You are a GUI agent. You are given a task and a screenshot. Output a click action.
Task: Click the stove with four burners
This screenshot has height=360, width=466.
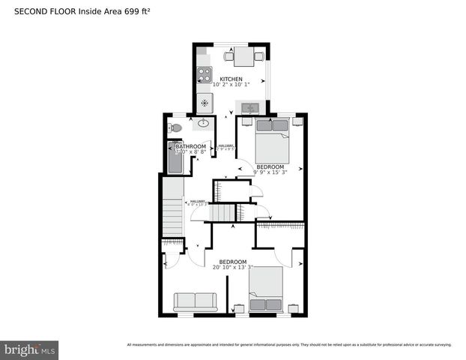[205, 74]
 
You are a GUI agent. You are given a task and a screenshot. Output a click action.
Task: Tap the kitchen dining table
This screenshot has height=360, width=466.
[243, 55]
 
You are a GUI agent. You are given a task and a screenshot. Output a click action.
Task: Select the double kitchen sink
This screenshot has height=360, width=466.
[253, 109]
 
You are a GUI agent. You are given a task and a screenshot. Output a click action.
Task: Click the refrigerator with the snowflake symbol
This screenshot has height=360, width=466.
[205, 103]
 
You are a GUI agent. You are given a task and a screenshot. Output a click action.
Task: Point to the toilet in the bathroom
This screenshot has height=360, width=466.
[175, 128]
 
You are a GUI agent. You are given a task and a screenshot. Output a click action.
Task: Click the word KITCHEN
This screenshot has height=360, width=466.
[231, 79]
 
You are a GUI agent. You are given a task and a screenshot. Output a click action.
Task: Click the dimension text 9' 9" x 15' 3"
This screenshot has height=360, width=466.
[270, 172]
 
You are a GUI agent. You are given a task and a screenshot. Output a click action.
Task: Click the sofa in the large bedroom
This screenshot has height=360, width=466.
[196, 301]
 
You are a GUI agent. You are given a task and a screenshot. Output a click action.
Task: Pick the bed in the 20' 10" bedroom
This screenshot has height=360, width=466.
[265, 290]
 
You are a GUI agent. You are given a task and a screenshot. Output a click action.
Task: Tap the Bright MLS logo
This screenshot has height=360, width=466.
[29, 349]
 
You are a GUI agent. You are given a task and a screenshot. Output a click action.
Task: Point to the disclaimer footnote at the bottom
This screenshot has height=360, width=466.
[289, 345]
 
